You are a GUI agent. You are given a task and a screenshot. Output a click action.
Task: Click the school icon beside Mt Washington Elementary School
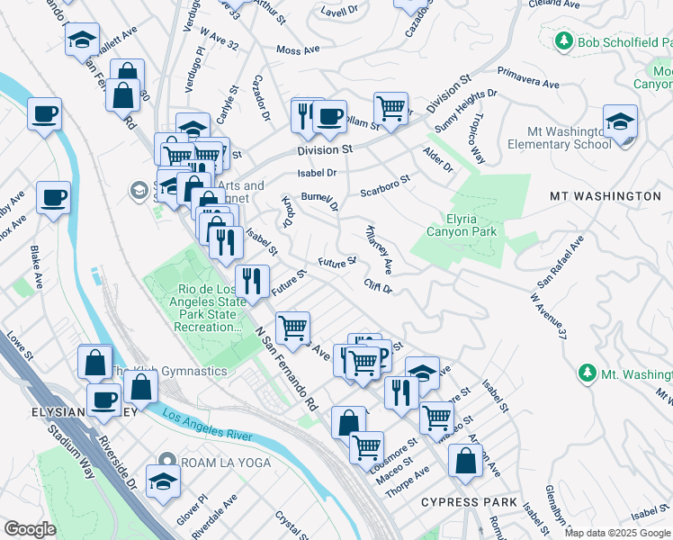click(x=621, y=121)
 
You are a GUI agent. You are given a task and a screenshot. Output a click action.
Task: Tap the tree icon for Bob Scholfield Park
click(x=564, y=40)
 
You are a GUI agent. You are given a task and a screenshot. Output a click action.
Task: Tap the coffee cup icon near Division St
click(x=329, y=116)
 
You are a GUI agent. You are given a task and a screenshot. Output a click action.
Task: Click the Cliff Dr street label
click(x=378, y=287)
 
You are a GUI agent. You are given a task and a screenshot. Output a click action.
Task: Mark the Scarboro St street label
click(x=385, y=184)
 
